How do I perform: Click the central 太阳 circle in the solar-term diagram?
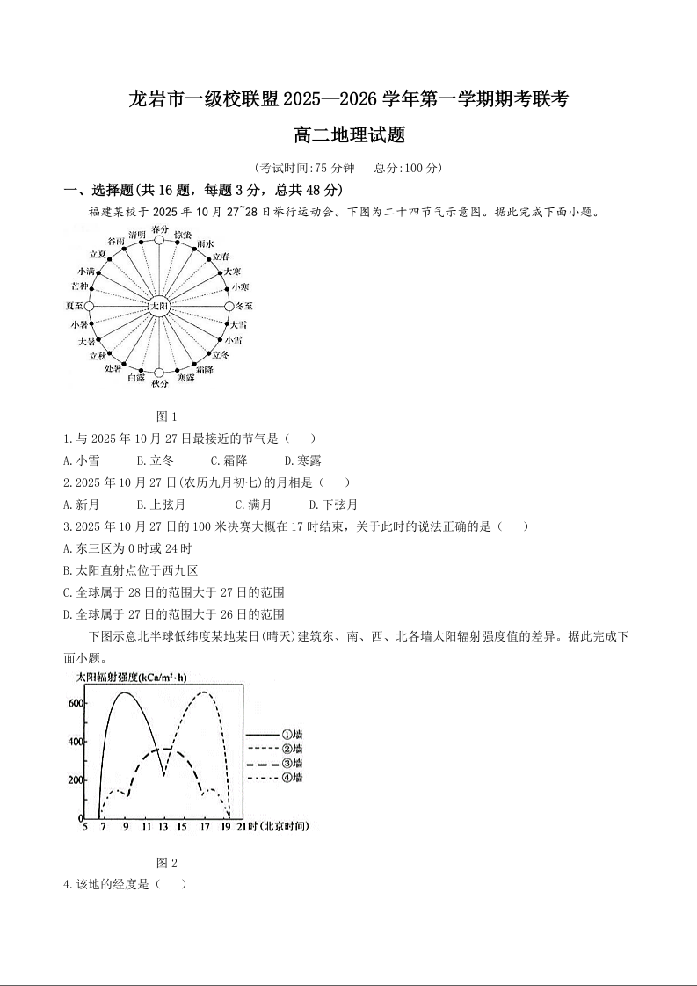click(158, 306)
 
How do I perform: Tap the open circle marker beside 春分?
click(159, 239)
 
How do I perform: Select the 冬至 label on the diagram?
click(243, 306)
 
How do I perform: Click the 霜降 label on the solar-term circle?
click(204, 370)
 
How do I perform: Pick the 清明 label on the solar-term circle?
click(136, 235)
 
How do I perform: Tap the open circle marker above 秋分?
click(158, 373)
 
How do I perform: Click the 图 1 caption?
click(166, 416)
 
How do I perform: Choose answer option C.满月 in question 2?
click(253, 504)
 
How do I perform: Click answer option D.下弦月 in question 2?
click(333, 504)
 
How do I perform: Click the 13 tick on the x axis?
click(163, 827)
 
